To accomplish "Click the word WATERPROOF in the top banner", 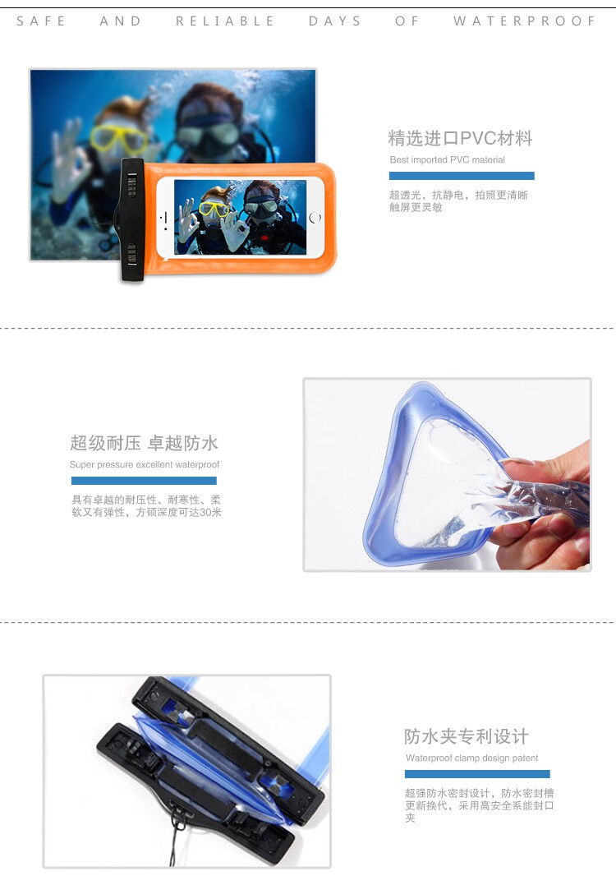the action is coord(525,21).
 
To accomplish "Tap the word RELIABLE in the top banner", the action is coord(224,21).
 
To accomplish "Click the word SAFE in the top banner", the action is coord(40,21).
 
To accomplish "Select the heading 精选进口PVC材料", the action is coord(460,138).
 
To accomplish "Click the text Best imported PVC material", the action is coord(448,159).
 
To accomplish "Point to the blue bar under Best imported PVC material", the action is coord(462,176).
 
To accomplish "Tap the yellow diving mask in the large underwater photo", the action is coord(119,138).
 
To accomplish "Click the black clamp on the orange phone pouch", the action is coord(132,219).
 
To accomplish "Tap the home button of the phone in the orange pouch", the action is coord(315,217).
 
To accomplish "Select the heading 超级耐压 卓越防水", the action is coord(144,443).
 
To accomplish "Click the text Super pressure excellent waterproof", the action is coord(145,464).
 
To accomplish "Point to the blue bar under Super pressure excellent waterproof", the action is coord(144,481).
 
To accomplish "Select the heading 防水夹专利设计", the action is coord(467,736).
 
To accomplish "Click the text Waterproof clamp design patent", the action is coord(472,758).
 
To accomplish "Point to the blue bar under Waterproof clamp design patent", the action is coord(477,774).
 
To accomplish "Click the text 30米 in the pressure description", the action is coord(210,513).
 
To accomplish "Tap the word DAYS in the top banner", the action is coord(334,21).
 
